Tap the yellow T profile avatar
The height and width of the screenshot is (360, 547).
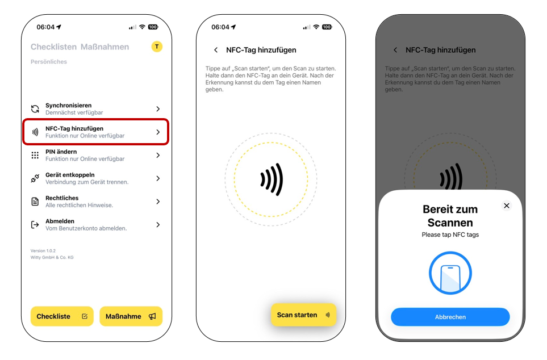tap(157, 47)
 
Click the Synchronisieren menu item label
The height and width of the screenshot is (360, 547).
tap(68, 106)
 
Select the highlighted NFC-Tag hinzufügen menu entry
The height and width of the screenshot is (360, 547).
tap(95, 132)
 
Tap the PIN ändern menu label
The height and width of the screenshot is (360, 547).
tap(61, 152)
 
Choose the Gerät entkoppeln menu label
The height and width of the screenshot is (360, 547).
tap(70, 175)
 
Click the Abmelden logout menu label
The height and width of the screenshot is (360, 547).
tap(60, 221)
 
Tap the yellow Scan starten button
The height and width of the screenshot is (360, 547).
tap(303, 315)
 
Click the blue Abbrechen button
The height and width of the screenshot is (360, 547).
tap(450, 317)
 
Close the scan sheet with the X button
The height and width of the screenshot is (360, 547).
tap(507, 206)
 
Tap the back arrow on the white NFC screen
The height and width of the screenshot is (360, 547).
tap(216, 50)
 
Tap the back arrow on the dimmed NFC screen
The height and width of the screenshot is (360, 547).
tap(395, 50)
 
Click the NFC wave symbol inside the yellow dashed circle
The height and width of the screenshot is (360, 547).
tap(272, 179)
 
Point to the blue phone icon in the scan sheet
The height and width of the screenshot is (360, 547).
tap(450, 273)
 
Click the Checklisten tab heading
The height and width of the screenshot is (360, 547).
tap(53, 47)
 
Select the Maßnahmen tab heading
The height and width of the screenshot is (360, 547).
tap(105, 47)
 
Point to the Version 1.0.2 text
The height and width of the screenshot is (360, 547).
tap(43, 251)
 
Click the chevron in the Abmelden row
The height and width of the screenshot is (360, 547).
tap(158, 225)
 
